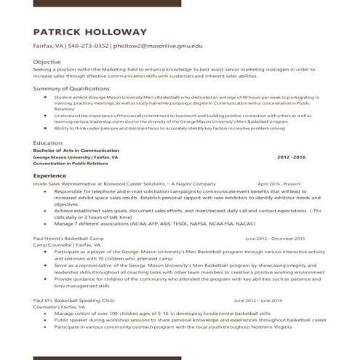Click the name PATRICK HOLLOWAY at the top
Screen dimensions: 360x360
[x=90, y=32]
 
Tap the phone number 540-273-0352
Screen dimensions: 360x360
[x=89, y=47]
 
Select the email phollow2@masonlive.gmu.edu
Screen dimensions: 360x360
[x=158, y=47]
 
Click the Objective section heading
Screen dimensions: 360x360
[x=47, y=62]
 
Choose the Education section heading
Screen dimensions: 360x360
[x=48, y=143]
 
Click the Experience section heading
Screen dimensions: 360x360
[x=50, y=176]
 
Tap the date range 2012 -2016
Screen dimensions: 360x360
[x=292, y=156]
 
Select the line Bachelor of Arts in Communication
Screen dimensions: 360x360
[x=76, y=151]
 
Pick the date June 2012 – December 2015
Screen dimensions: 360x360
[x=275, y=239]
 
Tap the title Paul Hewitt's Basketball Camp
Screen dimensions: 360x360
[x=71, y=239]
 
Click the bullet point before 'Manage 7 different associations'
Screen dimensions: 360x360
[x=47, y=224]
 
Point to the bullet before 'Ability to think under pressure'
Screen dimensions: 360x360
[x=47, y=128]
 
